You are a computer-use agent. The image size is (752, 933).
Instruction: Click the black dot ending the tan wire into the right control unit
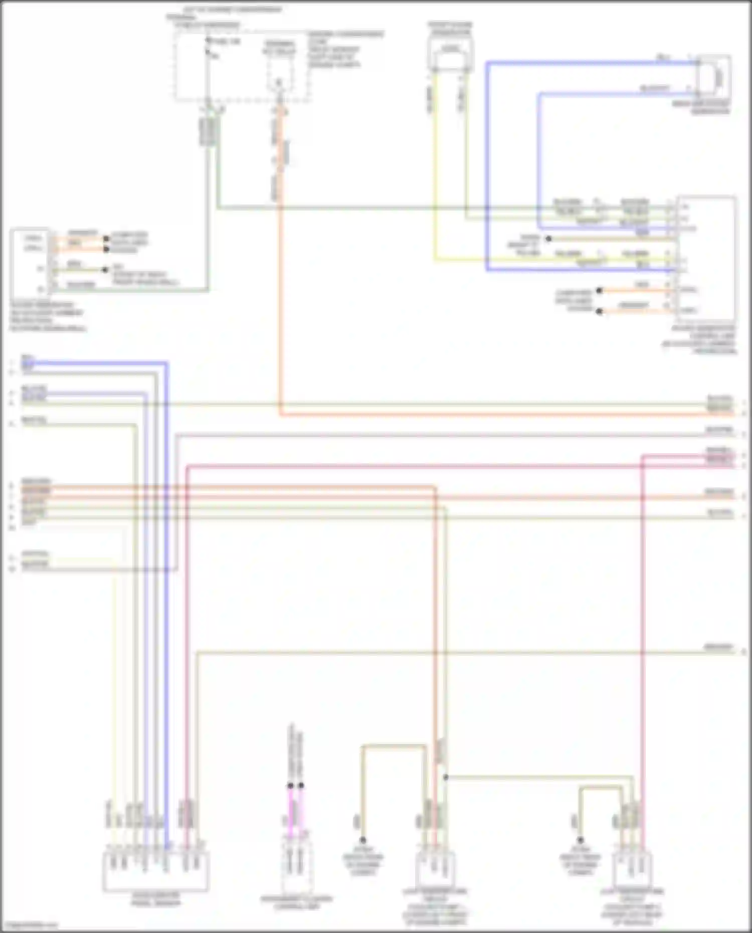pos(548,239)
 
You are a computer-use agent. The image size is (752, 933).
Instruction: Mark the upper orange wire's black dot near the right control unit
pos(599,290)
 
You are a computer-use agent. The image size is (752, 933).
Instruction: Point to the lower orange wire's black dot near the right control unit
pos(599,311)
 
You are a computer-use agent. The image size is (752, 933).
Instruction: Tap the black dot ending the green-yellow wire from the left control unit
pos(105,270)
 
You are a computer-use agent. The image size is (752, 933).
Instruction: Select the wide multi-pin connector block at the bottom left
pos(156,872)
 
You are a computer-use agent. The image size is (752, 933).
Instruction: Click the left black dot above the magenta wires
pos(290,786)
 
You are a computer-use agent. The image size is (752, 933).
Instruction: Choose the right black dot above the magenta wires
pos(301,786)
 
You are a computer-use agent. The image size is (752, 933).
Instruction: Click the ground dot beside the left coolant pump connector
pos(362,840)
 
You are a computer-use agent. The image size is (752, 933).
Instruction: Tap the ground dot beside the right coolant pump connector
pos(580,840)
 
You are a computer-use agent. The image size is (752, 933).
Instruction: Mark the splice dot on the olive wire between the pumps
pos(445,778)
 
